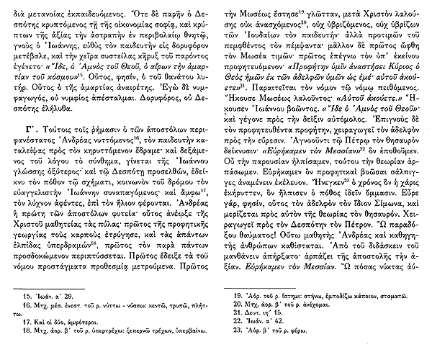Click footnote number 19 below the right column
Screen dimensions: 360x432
coord(237,295)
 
